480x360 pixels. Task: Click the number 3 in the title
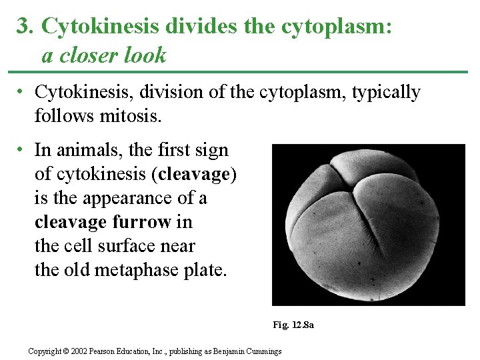click(23, 26)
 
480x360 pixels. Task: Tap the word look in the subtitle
click(145, 55)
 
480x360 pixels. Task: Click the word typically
click(383, 92)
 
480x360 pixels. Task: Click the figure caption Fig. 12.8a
click(293, 325)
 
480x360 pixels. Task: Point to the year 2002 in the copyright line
click(77, 351)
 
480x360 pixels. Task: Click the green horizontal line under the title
click(240, 71)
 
